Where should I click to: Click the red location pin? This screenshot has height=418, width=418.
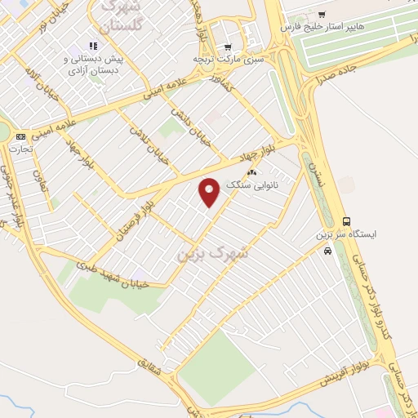click(x=210, y=191)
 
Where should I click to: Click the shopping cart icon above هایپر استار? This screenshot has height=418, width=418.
click(x=321, y=14)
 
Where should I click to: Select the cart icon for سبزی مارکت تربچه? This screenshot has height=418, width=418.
click(x=228, y=47)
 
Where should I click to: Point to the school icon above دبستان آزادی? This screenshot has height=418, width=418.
click(x=92, y=46)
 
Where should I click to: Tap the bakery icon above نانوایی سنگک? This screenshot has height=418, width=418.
click(x=252, y=173)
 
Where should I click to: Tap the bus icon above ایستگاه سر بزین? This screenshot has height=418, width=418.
click(x=347, y=221)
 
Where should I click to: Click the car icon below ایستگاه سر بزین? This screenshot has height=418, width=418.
click(x=327, y=252)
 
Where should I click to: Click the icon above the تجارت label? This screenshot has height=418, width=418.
click(x=20, y=136)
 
